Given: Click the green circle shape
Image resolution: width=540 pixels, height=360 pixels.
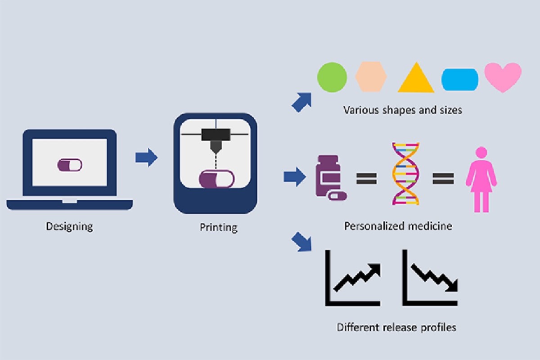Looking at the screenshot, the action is [x=332, y=77].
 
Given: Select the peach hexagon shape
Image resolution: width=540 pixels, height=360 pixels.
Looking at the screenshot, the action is [x=371, y=76].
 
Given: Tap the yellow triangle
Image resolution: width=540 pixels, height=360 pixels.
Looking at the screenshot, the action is [x=416, y=78].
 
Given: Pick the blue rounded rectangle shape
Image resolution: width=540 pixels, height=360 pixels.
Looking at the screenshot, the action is [x=460, y=80].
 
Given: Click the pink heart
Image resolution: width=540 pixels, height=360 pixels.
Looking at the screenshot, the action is [x=503, y=77].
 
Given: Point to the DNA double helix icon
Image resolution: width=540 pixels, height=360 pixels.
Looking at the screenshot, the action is [x=406, y=174].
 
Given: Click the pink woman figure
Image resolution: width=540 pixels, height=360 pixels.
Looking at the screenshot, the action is [x=481, y=180].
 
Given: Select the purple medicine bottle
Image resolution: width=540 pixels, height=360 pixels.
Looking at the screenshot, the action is [x=328, y=176].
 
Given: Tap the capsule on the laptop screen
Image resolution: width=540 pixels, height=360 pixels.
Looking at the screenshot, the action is [x=70, y=165].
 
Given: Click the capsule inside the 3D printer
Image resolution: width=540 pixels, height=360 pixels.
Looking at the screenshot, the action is [x=216, y=179].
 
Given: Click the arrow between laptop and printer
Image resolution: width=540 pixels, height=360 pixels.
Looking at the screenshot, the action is [x=147, y=157].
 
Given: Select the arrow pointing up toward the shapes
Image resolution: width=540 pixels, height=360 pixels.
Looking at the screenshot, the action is [x=302, y=102].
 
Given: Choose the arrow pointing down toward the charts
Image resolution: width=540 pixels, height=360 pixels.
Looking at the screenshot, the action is [x=301, y=242].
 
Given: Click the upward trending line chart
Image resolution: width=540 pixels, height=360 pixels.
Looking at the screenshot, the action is [x=353, y=278].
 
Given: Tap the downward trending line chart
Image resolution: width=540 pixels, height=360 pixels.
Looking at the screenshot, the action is [x=430, y=278].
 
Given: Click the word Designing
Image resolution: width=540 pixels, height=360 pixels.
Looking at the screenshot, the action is [x=69, y=226].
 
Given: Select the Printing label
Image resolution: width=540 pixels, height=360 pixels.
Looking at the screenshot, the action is [x=218, y=227].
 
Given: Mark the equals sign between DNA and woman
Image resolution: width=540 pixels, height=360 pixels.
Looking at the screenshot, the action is [x=443, y=179].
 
